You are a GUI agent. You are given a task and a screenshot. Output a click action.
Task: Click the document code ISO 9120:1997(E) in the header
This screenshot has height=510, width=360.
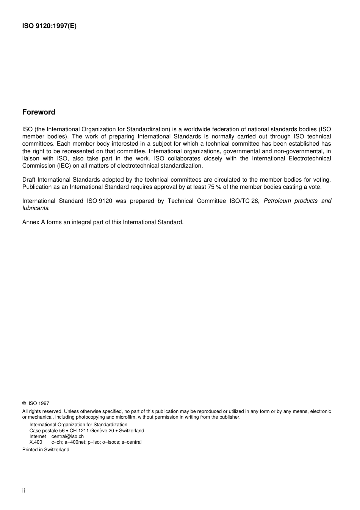click(x=49, y=26)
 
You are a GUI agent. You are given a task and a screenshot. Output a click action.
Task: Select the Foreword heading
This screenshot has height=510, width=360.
click(x=39, y=112)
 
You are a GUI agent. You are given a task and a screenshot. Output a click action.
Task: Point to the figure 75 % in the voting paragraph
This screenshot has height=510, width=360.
click(x=214, y=187)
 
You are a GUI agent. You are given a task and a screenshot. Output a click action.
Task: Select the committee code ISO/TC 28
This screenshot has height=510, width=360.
click(x=244, y=201)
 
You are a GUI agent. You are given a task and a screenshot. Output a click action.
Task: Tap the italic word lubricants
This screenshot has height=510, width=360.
click(x=35, y=208)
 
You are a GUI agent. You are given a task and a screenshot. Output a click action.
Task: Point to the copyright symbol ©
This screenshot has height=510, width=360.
click(x=24, y=403)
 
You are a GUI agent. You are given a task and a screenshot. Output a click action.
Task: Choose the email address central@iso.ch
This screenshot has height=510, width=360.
click(x=67, y=436)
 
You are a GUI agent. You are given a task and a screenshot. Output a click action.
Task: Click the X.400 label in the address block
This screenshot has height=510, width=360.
click(x=36, y=442)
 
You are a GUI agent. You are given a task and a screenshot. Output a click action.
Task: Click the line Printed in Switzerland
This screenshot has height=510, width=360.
click(x=46, y=450)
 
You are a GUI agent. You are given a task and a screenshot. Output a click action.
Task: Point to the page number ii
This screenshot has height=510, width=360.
click(x=23, y=491)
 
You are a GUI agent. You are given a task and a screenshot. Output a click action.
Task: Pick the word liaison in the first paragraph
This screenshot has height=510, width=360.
click(x=31, y=158)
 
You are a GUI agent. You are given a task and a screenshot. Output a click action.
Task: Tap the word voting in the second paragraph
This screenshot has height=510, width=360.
click(x=322, y=180)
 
